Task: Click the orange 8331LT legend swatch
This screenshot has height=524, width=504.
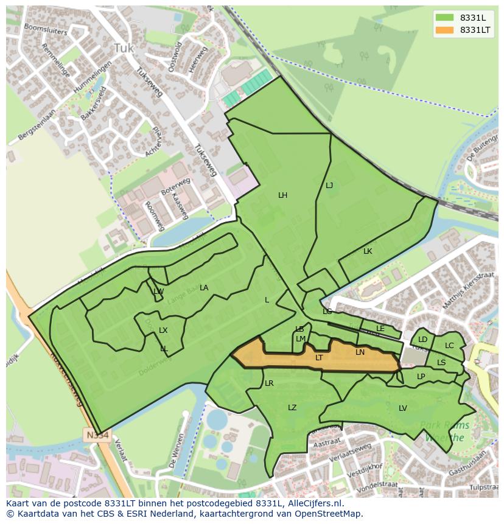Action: coord(444,30)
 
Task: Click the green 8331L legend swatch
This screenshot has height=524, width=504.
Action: coord(444,17)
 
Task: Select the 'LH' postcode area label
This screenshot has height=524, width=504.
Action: coord(282,195)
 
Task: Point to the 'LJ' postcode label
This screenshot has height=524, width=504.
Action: coord(329,186)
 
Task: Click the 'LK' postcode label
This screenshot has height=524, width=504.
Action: coord(368,251)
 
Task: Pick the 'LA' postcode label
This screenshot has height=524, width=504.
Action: coord(204,288)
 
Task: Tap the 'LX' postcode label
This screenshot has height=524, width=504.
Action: coord(163,330)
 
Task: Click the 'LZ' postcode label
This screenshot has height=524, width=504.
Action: coord(292,407)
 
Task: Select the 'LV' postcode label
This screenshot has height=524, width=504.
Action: coord(403,408)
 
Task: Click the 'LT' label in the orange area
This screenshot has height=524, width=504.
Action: coord(319,358)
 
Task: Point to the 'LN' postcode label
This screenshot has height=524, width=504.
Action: coord(360,352)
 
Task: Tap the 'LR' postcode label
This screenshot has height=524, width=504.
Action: coord(269,383)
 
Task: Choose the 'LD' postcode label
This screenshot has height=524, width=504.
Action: coord(422,340)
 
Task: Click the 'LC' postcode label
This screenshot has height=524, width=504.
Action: coord(449,346)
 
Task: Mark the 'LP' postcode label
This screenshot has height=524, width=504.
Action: coord(421,377)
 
